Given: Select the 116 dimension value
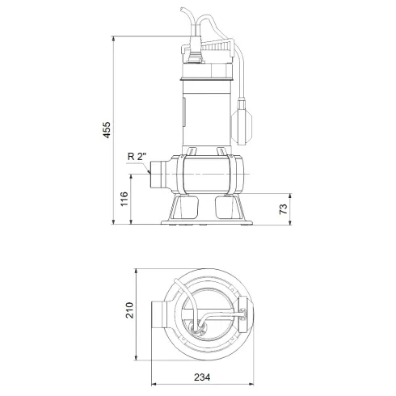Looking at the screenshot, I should coord(123,198).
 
